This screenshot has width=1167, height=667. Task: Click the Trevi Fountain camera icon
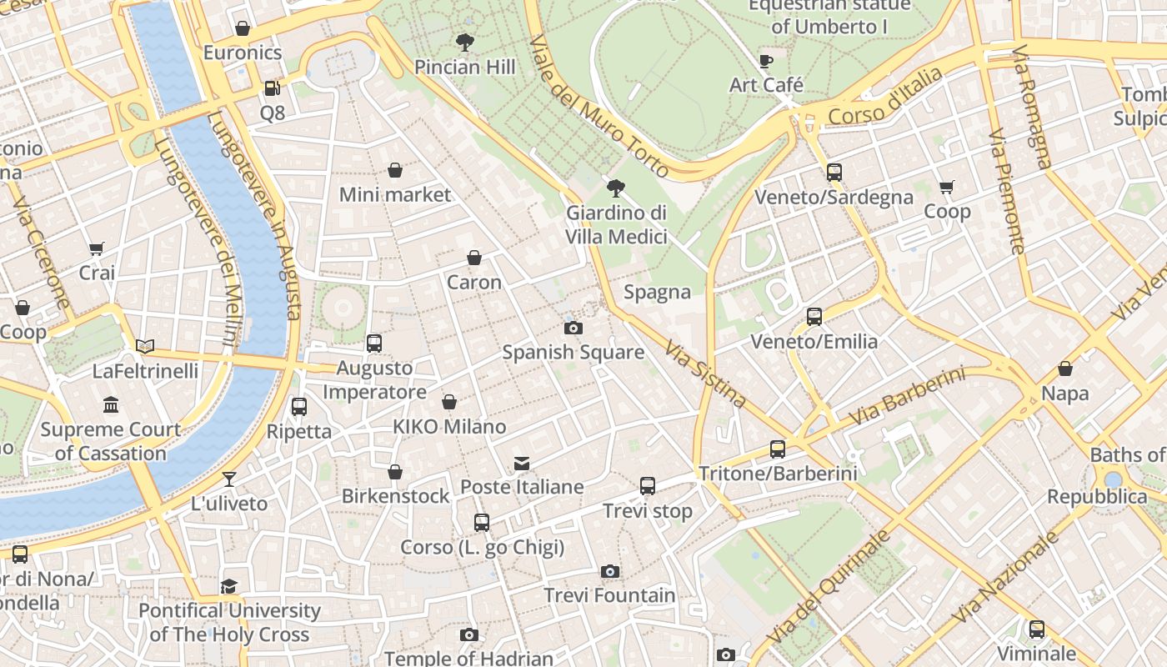[610, 571]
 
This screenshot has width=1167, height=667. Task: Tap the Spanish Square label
[573, 352]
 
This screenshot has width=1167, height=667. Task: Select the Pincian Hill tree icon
[464, 42]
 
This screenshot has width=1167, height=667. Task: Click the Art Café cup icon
[766, 60]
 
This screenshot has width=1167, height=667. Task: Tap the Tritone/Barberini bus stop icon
[778, 449]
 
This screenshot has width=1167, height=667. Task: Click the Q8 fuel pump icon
[272, 88]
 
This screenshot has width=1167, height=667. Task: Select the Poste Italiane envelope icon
[522, 463]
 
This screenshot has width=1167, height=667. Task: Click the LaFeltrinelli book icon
[145, 346]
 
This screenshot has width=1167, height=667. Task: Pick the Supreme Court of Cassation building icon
[111, 405]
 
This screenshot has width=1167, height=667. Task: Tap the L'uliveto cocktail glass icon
[229, 479]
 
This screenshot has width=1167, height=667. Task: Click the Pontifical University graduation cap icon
[229, 586]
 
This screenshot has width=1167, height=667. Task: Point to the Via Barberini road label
[907, 396]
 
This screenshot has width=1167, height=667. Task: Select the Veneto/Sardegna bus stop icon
[834, 173]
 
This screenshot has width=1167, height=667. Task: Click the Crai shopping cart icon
[97, 248]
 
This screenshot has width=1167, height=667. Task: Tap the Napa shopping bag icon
[1064, 369]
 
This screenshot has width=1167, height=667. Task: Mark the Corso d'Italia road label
[886, 97]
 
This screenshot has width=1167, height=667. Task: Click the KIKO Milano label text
[449, 427]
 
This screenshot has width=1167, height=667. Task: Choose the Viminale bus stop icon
[1037, 629]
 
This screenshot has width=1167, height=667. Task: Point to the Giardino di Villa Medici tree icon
[616, 188]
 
